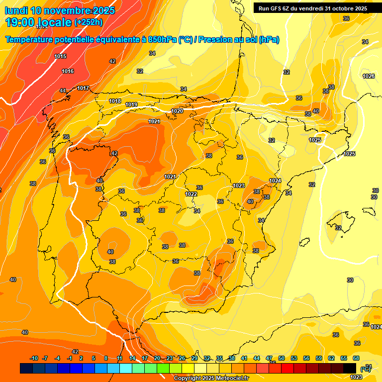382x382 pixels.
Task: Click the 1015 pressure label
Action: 61,56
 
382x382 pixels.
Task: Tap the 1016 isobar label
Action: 68,71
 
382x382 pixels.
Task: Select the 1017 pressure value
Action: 83,88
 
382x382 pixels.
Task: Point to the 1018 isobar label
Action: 115,101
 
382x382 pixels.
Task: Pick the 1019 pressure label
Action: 131,104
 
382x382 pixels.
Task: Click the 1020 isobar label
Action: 177,111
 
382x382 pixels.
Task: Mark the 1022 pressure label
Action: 191,194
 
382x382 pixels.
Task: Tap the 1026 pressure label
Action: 369,76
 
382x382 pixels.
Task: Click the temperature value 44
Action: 63,91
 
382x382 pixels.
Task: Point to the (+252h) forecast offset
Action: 89,22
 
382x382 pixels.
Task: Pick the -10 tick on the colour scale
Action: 34,358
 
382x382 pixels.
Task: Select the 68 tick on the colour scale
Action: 356,358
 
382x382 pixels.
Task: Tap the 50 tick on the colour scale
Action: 282,358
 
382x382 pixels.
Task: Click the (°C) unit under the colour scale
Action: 365,369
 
